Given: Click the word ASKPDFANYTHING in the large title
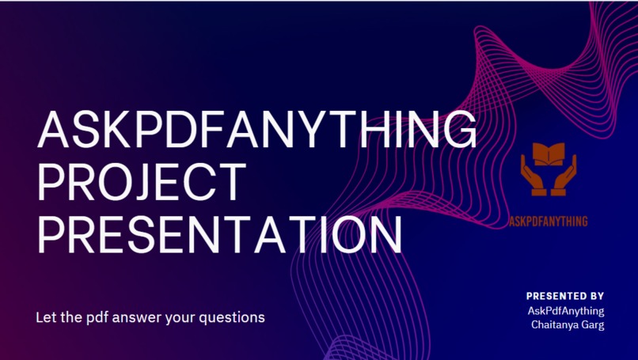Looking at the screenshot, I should point(257,131).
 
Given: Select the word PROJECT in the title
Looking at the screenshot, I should point(141,181).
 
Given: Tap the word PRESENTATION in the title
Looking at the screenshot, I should point(219,232).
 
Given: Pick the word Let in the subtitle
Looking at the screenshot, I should point(46,317).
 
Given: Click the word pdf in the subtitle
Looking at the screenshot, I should point(93,318).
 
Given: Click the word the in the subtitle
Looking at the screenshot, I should point(70,317).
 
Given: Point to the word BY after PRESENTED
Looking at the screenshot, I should point(597,296).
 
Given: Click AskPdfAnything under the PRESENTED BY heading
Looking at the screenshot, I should point(565,311).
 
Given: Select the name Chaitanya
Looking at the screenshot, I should point(554,325).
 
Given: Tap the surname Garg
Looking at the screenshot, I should point(592,325).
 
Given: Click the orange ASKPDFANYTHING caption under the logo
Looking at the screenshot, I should point(549,222).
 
